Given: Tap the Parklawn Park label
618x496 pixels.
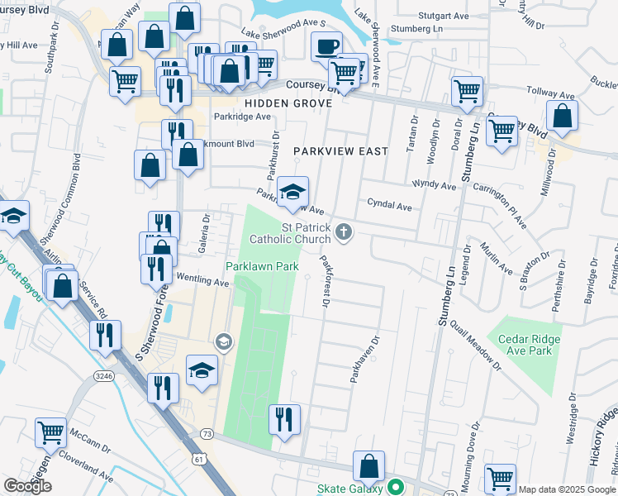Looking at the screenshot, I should coord(263,266).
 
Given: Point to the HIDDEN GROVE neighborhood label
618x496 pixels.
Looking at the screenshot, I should coord(288,103).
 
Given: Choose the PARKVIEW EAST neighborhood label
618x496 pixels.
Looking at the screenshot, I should coord(329,151).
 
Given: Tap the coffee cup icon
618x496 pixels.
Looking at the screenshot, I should coord(326,46).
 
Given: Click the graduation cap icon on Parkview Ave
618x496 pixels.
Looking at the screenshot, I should coord(292,192).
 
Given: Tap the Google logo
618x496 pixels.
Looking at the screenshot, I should coord(27,486).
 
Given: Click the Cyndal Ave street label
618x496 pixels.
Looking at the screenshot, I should coord(389,206).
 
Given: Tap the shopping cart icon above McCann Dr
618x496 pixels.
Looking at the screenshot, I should coord(50,432).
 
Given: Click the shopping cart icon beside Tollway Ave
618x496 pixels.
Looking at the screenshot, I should coord(467,91).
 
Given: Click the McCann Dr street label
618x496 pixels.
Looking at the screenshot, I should coord(89,443).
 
